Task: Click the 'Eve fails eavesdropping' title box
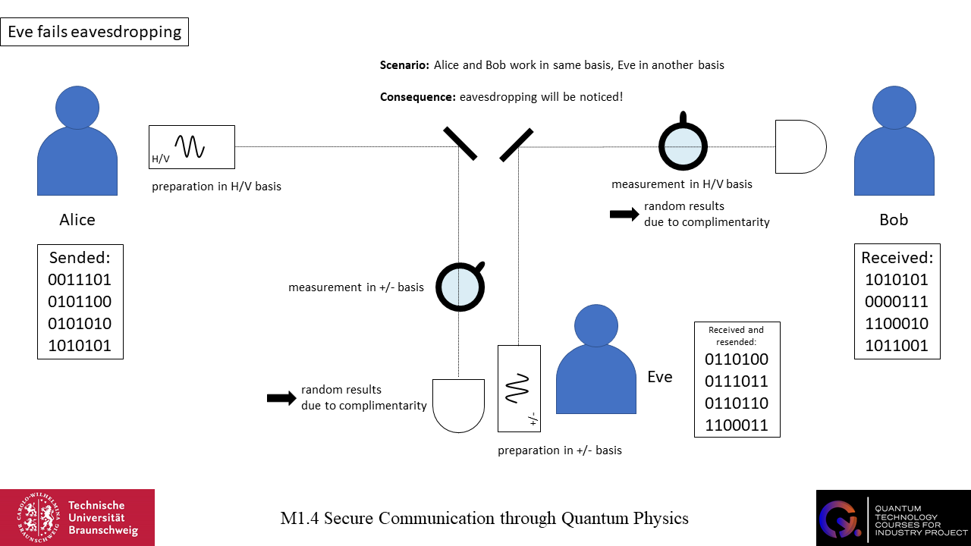[94, 33]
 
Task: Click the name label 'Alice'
[77, 220]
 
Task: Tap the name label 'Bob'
[894, 220]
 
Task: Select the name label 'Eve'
[660, 377]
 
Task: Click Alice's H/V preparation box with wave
[192, 146]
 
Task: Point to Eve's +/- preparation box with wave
[519, 388]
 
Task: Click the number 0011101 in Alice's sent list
[80, 280]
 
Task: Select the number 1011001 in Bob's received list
[897, 346]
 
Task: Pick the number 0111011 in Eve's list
[737, 381]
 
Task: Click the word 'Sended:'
[80, 257]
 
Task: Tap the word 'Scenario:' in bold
[405, 65]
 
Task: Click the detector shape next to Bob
[800, 146]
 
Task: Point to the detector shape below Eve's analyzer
[458, 406]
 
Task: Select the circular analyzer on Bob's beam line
[683, 144]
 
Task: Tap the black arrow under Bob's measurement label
[624, 215]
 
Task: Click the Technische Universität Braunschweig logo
[77, 517]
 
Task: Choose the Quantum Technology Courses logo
[893, 517]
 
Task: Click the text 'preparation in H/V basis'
[216, 187]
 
